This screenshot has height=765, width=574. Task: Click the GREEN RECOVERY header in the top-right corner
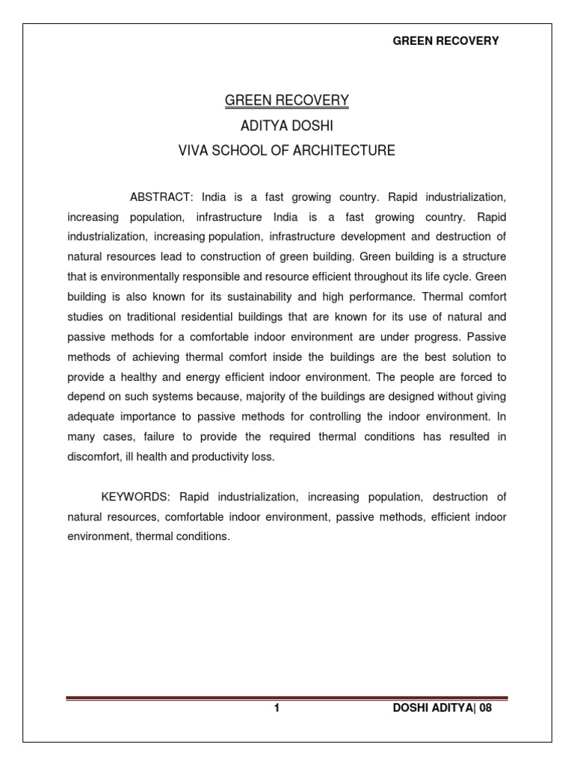445,41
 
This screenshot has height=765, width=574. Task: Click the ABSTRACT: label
162,197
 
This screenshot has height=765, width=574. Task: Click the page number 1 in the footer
277,710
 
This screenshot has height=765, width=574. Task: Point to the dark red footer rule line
287,699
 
